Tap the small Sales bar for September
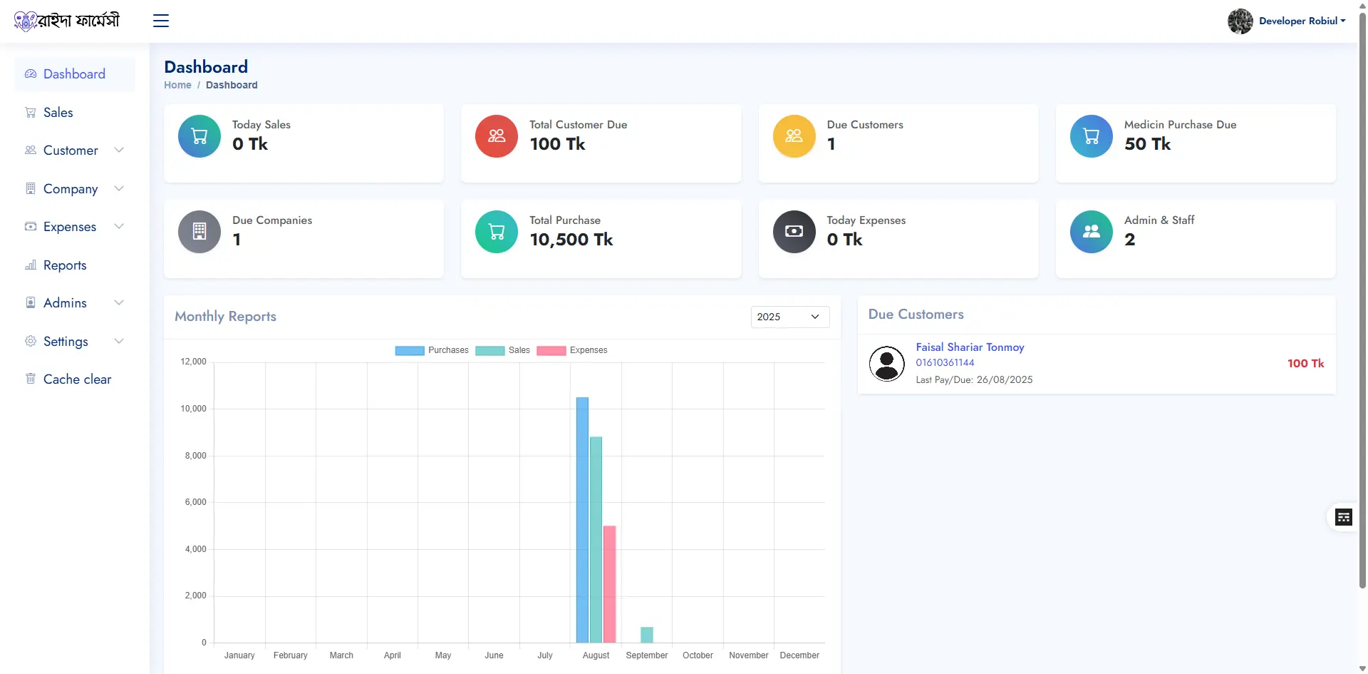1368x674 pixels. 646,635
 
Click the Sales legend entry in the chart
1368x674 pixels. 503,350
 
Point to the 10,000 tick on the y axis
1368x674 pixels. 193,409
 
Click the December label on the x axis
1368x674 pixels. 799,655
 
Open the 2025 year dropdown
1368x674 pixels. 789,317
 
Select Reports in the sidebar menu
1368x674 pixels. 65,265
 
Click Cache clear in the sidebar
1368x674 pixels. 77,379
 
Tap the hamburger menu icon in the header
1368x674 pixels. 161,21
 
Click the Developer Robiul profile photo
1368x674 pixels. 1240,21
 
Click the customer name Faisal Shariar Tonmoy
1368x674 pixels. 970,347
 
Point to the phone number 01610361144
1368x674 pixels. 945,362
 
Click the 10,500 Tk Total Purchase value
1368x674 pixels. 571,240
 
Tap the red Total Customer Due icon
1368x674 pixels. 497,136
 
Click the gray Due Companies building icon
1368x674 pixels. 199,232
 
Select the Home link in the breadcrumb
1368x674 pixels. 177,85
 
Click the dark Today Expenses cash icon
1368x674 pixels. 794,232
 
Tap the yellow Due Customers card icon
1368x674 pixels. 794,136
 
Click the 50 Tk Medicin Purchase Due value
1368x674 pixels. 1147,144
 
